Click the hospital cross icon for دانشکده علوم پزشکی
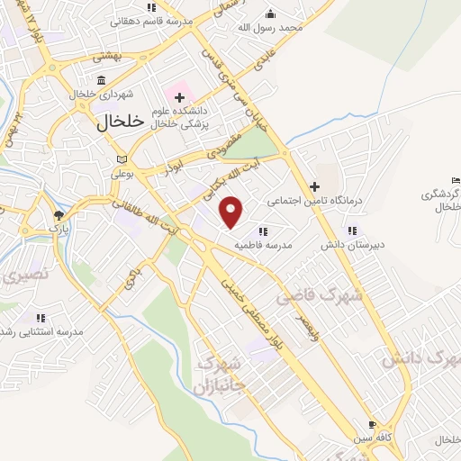coord(179,96)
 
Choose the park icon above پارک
coord(59,215)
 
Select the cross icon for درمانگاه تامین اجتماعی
coord(313,185)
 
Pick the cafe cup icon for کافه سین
coord(373,424)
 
